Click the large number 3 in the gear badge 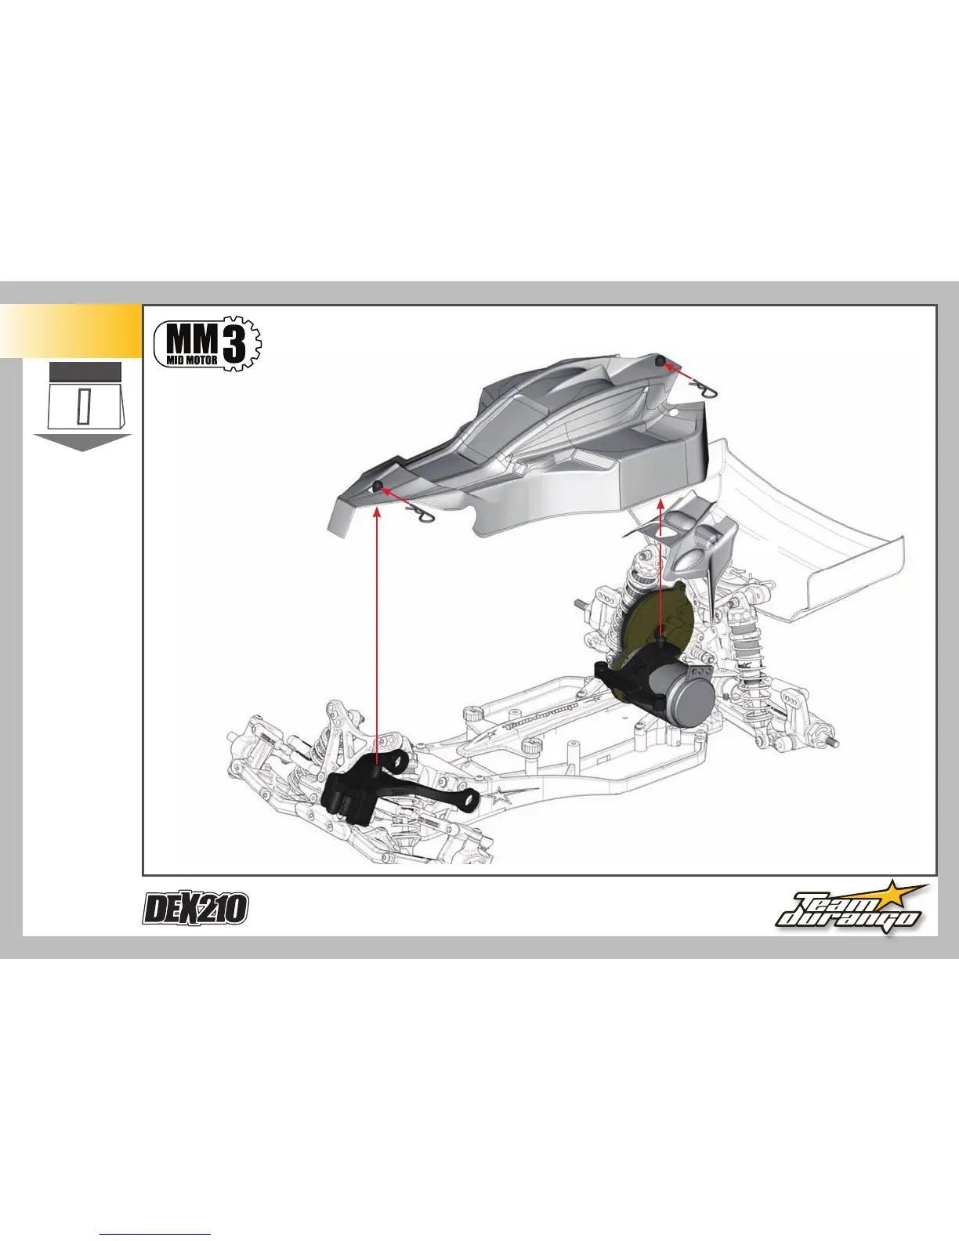coord(233,342)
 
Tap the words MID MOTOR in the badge coord(192,361)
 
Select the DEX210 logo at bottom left coord(196,909)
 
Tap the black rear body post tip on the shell coord(660,360)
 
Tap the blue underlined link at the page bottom coord(156,1236)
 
